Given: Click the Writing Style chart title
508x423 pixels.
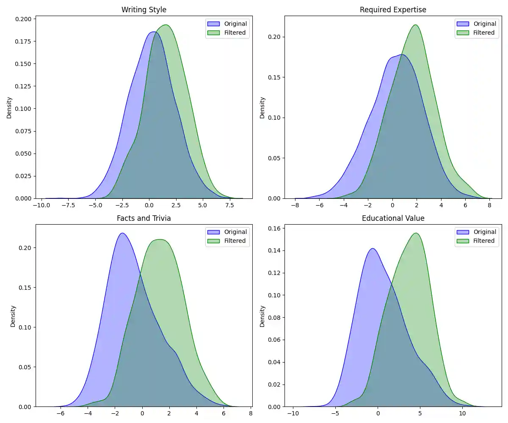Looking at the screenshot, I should click(x=144, y=9).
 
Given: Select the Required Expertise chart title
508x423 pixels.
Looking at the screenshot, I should click(x=393, y=9).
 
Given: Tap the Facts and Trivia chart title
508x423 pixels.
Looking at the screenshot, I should click(x=144, y=218).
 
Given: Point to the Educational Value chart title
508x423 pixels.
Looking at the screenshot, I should click(x=393, y=218).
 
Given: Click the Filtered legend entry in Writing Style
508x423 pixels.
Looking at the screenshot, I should click(x=235, y=33).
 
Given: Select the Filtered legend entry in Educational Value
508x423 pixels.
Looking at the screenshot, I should click(x=484, y=241).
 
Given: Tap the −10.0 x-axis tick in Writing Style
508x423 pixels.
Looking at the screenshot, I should click(x=41, y=205).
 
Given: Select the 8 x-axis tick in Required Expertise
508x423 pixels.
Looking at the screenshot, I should click(x=490, y=205).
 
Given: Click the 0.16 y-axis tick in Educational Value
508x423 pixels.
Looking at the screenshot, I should click(x=274, y=228).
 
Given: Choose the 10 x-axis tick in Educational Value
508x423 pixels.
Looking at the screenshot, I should click(x=462, y=414).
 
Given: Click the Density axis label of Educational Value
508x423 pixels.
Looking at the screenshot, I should click(x=262, y=316).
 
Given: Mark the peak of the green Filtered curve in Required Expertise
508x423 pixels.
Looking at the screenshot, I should click(x=415, y=25).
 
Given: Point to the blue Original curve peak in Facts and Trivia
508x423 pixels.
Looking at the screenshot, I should click(x=122, y=233).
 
